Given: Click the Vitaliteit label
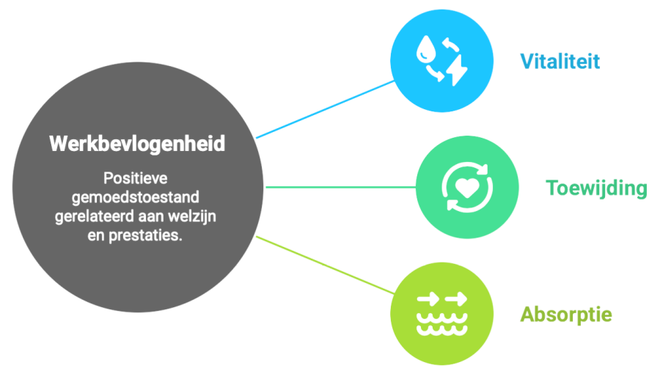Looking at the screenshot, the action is [x=560, y=62].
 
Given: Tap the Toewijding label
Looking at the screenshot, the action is [x=596, y=188].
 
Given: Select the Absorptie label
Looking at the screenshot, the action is [x=566, y=315].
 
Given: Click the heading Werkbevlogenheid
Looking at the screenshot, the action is [x=137, y=144].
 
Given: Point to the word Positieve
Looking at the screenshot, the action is [x=136, y=178].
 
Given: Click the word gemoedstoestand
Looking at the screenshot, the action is [x=136, y=197].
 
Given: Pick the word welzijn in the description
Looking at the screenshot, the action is [x=192, y=217].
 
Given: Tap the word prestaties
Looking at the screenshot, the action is [x=146, y=235].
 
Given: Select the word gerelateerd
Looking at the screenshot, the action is [x=93, y=217].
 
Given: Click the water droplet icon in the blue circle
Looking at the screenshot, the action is [x=425, y=49].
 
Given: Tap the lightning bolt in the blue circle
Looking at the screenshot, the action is [x=457, y=70].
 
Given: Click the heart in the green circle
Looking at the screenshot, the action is [x=467, y=188].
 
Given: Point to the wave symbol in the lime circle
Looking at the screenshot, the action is [x=442, y=323].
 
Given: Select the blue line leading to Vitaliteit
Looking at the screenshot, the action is [x=325, y=109].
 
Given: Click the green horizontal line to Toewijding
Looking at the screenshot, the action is [x=341, y=187].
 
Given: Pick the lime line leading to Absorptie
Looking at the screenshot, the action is [x=325, y=265].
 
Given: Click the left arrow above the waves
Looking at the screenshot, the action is [x=428, y=300].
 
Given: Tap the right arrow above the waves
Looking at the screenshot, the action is [x=456, y=300].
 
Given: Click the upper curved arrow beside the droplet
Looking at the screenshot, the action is [x=450, y=44].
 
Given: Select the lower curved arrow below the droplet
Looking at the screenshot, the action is [x=434, y=73].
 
